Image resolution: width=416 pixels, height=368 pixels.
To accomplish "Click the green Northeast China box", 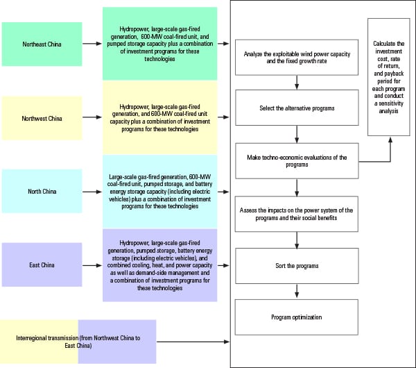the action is tap(42, 44).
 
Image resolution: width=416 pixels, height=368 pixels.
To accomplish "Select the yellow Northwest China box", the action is tap(42, 118).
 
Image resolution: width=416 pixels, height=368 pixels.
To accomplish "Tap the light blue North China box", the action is tap(42, 192).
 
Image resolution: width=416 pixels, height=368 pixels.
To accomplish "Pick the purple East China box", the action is tap(42, 265).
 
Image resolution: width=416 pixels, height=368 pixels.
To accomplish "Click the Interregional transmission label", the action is tap(78, 342).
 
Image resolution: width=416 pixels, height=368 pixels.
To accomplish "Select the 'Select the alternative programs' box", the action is tap(297, 108).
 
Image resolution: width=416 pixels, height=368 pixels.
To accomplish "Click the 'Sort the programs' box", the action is tap(297, 266).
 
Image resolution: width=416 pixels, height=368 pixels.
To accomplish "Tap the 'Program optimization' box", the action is tap(297, 317).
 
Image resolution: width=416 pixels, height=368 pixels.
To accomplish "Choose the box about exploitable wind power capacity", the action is tap(297, 58).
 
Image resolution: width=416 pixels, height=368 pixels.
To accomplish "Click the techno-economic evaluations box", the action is tap(297, 161).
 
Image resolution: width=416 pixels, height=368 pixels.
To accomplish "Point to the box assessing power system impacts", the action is tap(296, 214).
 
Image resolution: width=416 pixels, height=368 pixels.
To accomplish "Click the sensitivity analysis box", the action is tap(389, 77).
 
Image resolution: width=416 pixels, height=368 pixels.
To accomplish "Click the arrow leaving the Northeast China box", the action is tap(92, 44).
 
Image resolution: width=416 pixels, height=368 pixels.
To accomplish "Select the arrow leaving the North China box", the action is tap(92, 192).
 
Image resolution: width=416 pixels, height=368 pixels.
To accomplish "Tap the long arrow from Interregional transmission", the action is tap(193, 342).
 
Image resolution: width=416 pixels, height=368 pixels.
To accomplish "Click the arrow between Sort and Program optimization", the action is tap(297, 291).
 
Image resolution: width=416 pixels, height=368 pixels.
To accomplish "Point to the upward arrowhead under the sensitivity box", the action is tap(390, 140).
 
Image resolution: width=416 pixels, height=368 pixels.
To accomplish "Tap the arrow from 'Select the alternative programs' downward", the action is tap(297, 134).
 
